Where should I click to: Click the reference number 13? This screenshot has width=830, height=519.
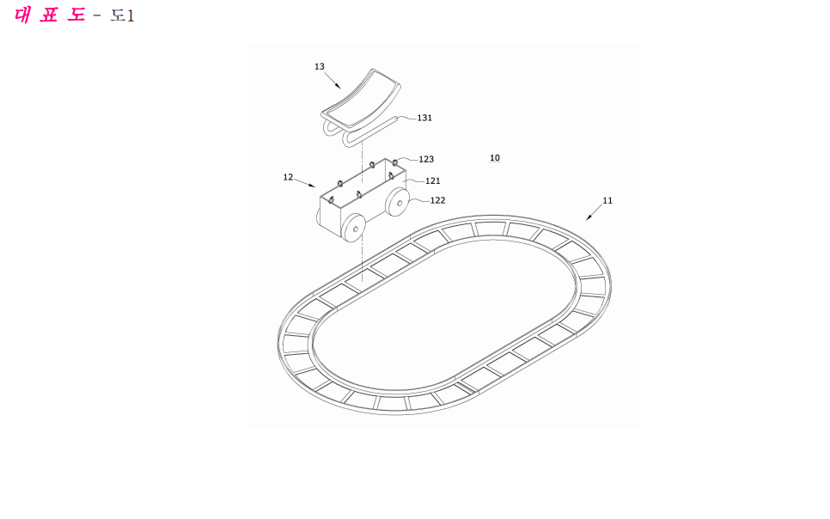319,67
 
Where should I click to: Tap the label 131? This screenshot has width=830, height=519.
424,118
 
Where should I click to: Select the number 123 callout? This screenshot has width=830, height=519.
426,160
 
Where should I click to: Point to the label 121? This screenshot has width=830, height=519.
432,181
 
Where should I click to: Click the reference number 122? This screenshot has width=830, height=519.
437,201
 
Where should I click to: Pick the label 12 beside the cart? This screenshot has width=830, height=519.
288,177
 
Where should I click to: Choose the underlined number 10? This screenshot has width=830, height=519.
495,158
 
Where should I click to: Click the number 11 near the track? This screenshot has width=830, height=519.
607,201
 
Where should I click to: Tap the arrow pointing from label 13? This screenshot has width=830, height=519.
333,81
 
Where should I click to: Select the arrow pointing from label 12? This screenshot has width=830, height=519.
305,183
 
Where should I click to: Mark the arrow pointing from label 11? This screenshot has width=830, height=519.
594,212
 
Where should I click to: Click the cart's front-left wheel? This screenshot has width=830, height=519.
353,228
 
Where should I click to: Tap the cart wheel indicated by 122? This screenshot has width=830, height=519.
398,202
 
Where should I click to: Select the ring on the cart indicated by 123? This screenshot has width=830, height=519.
394,162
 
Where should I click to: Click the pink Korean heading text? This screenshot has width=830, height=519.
50,15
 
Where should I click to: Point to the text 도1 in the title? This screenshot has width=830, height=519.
122,15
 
